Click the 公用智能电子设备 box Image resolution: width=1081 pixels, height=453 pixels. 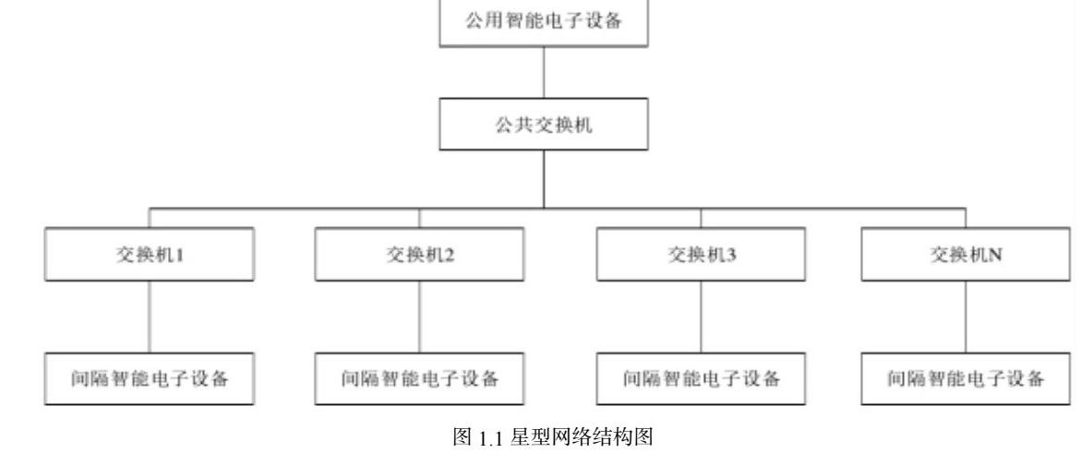[x=543, y=20]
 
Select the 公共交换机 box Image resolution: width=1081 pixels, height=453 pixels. [x=543, y=125]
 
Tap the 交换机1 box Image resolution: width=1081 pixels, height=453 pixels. [x=150, y=256]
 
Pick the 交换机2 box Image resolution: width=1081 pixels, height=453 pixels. [x=420, y=256]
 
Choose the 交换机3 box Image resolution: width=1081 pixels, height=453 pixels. [x=702, y=256]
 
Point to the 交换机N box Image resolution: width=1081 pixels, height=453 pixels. [x=967, y=256]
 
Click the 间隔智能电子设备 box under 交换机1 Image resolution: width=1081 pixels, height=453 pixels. [x=150, y=378]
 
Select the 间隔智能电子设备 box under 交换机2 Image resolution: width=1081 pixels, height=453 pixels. [x=420, y=378]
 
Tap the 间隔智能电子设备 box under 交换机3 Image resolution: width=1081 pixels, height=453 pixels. [x=702, y=378]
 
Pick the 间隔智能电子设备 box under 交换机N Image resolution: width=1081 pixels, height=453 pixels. [x=967, y=378]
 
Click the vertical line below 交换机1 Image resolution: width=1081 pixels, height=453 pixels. [x=150, y=316]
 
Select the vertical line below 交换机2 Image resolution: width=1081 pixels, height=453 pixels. [x=420, y=316]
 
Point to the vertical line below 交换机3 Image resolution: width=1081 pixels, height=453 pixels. [x=702, y=316]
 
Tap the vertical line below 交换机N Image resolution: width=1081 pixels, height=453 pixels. [x=967, y=316]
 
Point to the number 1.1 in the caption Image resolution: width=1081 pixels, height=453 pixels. [x=486, y=438]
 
